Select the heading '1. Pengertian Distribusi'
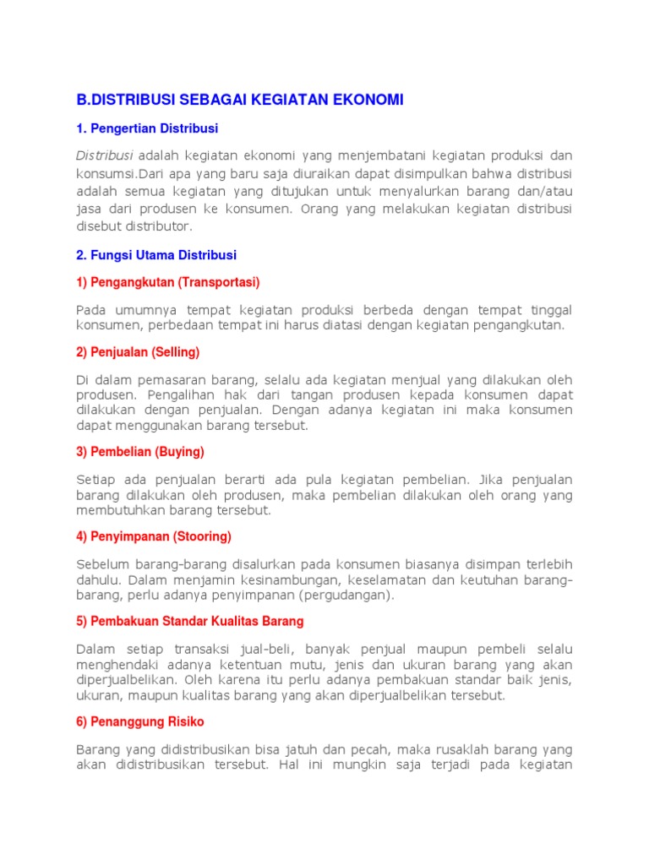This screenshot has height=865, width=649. point(148,128)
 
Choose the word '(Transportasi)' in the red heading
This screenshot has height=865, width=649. point(218,281)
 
